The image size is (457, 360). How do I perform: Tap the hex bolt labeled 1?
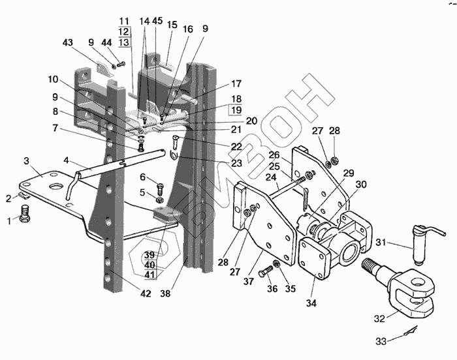tap(25, 213)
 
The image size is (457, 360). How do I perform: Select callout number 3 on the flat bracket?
tap(26, 160)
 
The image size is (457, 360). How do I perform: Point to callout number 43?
tap(68, 42)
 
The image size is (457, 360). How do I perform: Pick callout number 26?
tap(274, 155)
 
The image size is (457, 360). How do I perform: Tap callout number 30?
tap(361, 184)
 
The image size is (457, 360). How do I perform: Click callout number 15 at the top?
tap(172, 25)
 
